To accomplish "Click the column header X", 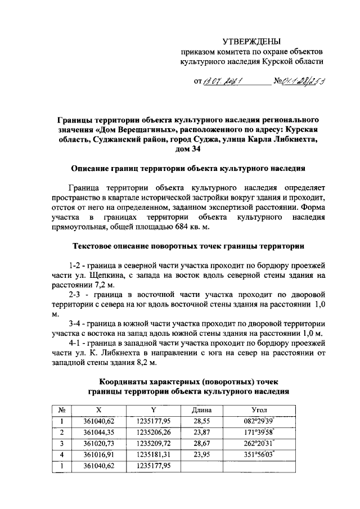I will click(99, 409).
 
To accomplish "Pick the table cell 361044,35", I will click(99, 432).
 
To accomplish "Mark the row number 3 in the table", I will click(62, 443).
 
